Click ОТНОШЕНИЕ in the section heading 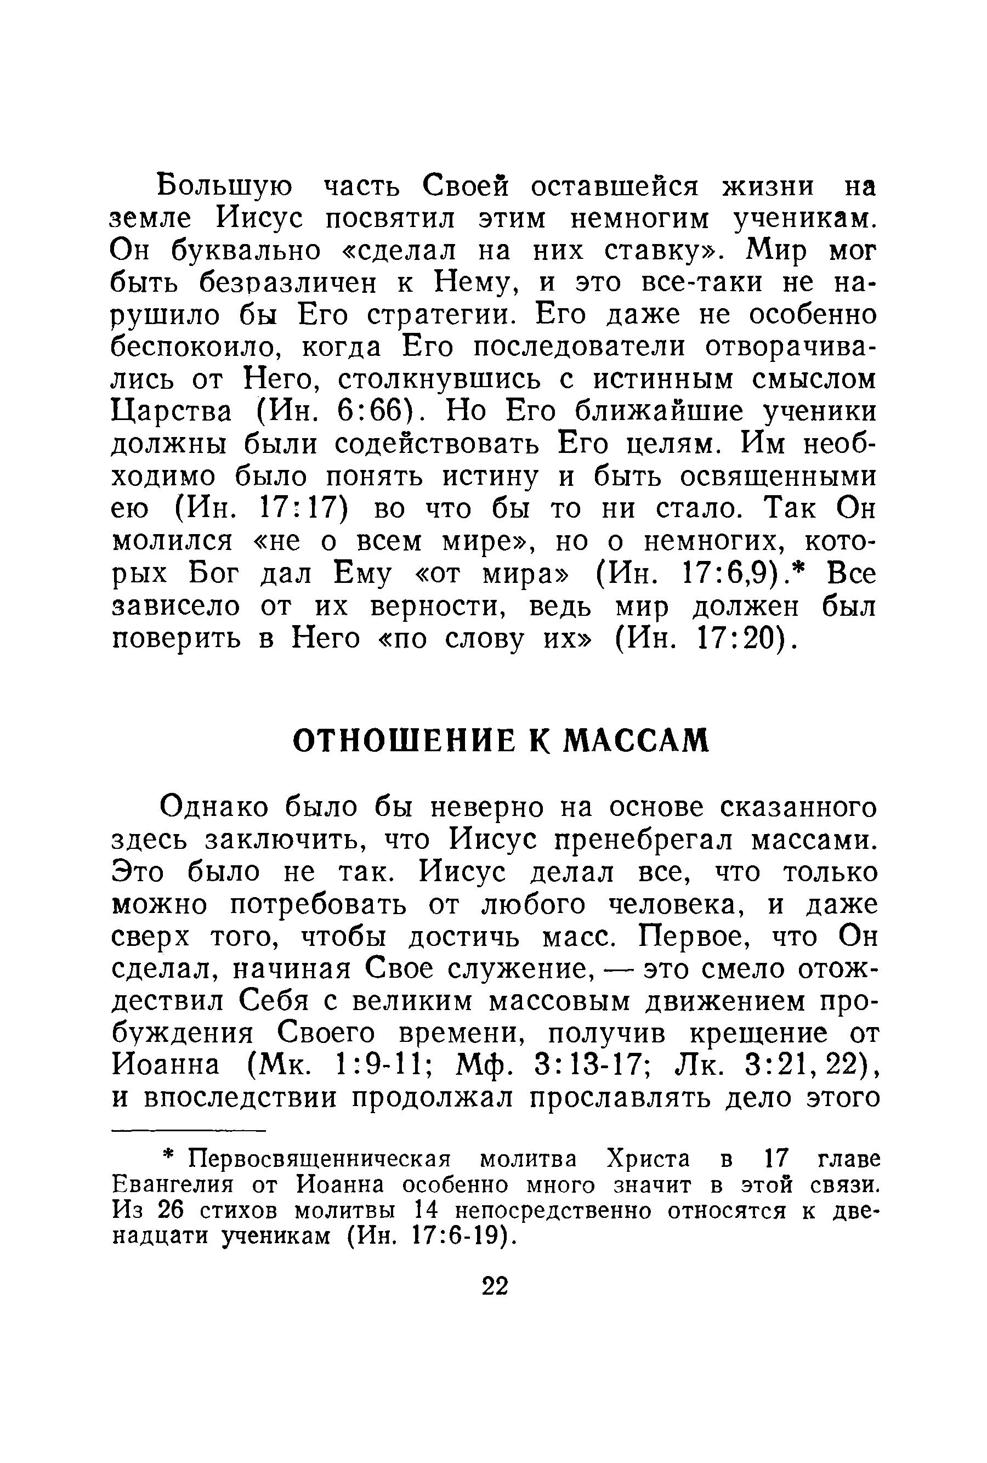click(402, 741)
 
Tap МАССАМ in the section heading click(636, 741)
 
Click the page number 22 click(494, 1286)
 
